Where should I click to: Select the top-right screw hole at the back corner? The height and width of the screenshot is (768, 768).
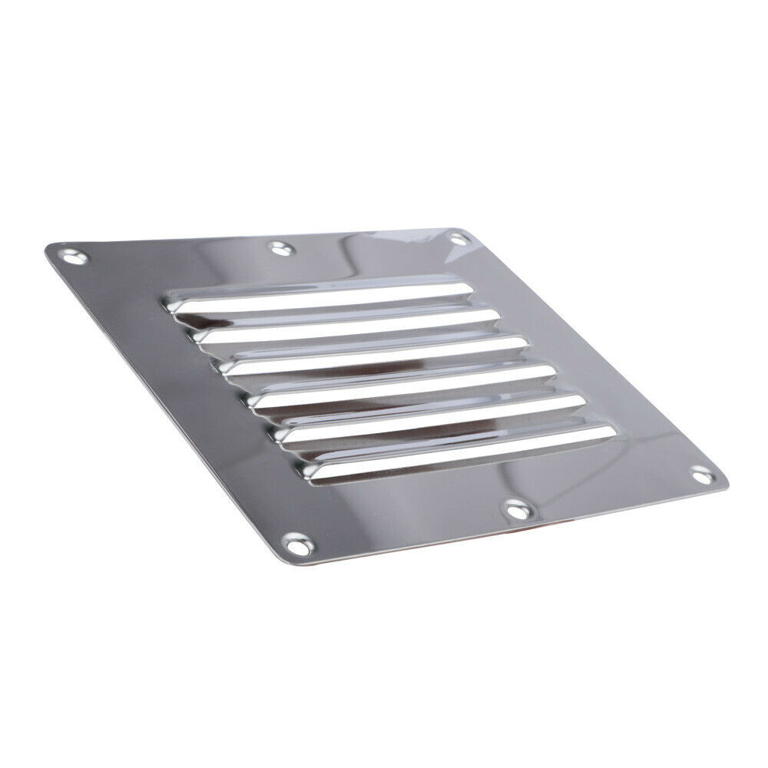(458, 240)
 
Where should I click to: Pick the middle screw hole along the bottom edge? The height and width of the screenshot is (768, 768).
(515, 508)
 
